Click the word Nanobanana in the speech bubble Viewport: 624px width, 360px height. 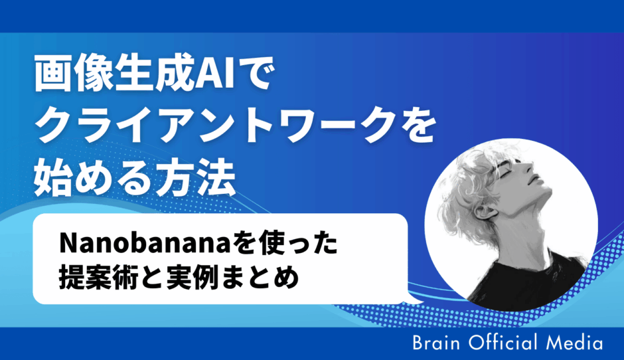click(145, 243)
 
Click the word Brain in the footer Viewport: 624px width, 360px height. click(436, 343)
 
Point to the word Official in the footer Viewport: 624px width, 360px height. click(503, 343)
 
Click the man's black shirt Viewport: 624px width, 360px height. click(529, 283)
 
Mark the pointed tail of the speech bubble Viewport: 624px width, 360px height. click(418, 302)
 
